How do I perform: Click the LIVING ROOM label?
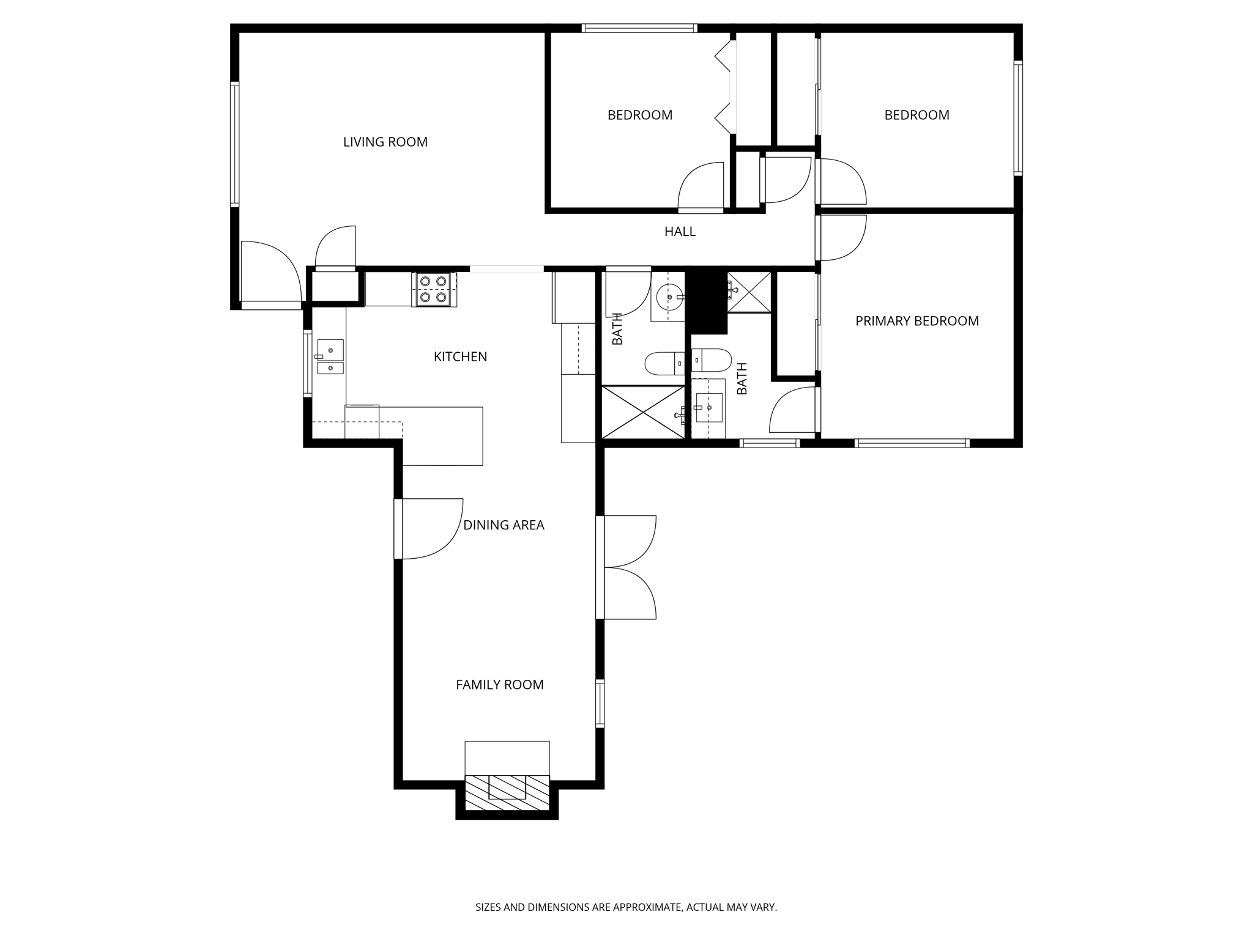coord(385,142)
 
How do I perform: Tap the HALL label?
coord(680,232)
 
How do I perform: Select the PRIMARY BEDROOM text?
coord(917,321)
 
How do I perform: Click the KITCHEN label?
coord(460,357)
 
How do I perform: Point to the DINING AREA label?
coord(503,525)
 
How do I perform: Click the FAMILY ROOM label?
coord(499,685)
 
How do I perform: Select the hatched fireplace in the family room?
coord(507,793)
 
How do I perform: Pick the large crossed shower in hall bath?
coord(643,412)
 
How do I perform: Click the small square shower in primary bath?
coord(749,292)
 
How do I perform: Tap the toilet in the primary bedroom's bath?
coord(712,361)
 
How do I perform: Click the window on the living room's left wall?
coord(234,144)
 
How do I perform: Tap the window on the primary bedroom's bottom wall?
coord(912,443)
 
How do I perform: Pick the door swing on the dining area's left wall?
coord(430,529)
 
